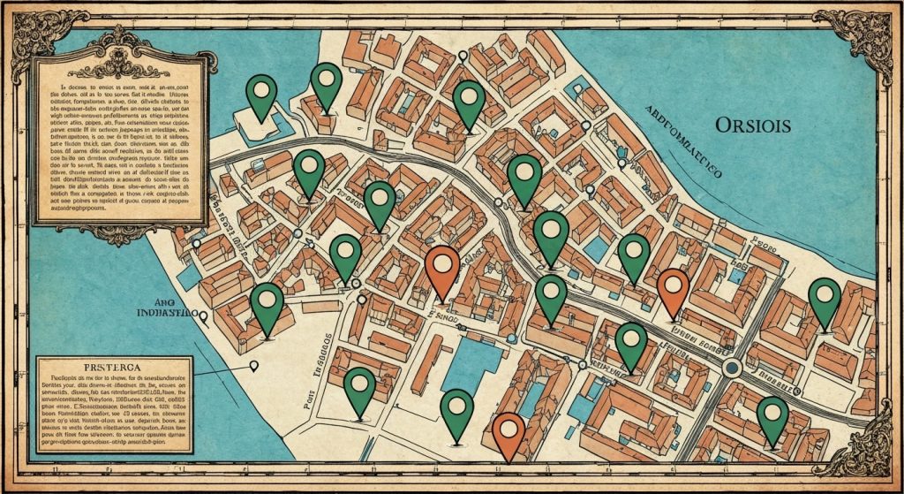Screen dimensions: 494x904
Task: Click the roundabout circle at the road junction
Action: coord(731,367)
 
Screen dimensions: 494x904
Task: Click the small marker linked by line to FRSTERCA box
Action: coord(254,365)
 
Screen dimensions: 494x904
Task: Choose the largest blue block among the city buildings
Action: coord(472,362)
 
